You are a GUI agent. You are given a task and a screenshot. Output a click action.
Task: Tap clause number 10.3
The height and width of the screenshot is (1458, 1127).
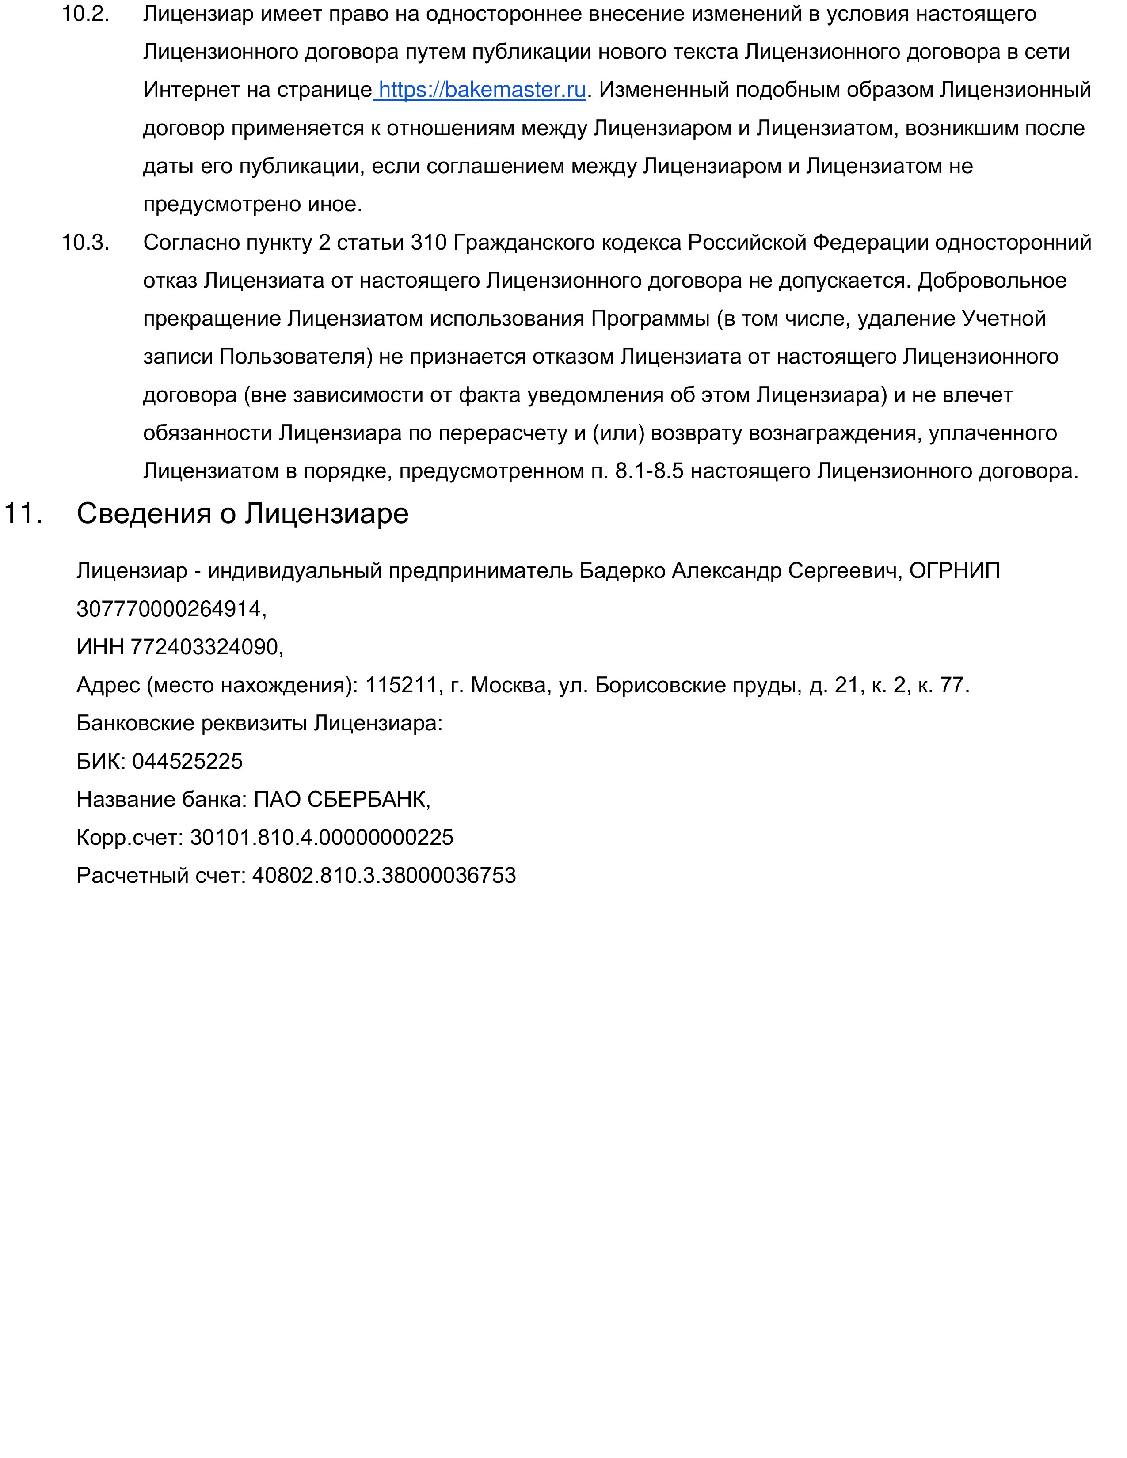click(x=85, y=242)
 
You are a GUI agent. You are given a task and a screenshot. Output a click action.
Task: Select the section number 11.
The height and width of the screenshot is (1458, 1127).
click(x=23, y=513)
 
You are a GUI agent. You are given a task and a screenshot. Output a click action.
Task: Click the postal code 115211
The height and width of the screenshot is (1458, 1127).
click(x=400, y=685)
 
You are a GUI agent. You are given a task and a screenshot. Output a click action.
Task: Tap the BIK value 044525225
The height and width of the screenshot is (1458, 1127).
click(x=187, y=761)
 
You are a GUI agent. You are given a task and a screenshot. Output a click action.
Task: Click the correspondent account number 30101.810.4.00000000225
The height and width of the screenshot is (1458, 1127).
click(x=322, y=837)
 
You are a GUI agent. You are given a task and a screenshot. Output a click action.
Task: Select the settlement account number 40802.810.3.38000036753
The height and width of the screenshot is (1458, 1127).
click(x=384, y=875)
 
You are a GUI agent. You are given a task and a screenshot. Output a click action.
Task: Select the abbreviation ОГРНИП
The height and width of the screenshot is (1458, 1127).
click(x=955, y=571)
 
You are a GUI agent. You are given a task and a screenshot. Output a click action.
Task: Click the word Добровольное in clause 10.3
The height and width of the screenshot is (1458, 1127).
click(x=992, y=281)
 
